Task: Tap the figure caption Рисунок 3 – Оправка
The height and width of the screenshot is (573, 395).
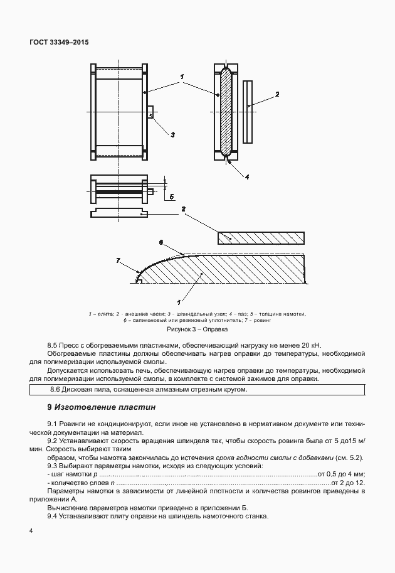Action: coord(196,329)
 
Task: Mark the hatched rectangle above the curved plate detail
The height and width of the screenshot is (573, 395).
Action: coord(260,237)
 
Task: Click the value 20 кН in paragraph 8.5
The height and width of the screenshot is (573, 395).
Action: coord(308,345)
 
